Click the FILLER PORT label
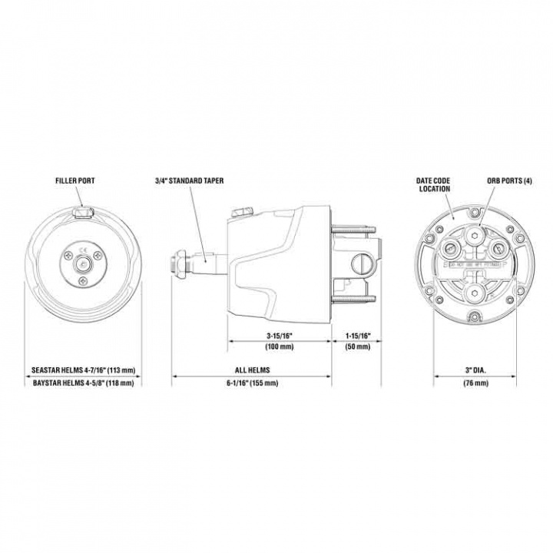[75, 182]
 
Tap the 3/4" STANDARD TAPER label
[187, 182]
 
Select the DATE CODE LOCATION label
[433, 185]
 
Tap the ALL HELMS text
[251, 369]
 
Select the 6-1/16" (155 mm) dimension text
[251, 382]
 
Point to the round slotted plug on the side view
[358, 263]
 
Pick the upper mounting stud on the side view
[353, 227]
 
